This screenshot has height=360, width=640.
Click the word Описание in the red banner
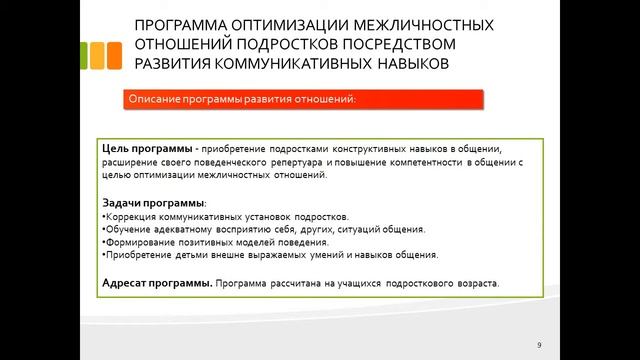coord(154,99)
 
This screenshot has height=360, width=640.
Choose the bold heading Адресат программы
coord(156,283)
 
